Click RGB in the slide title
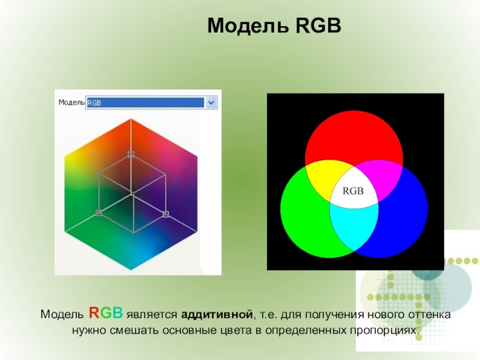[319, 25]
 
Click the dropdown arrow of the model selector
[211, 103]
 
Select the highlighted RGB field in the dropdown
[145, 103]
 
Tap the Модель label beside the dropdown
[71, 102]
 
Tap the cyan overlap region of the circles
[354, 227]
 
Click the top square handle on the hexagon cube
[131, 154]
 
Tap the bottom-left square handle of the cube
[98, 212]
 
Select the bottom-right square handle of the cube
[166, 214]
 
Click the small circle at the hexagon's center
[132, 193]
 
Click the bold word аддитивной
[217, 314]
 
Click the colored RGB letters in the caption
[106, 313]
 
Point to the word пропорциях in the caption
[384, 331]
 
